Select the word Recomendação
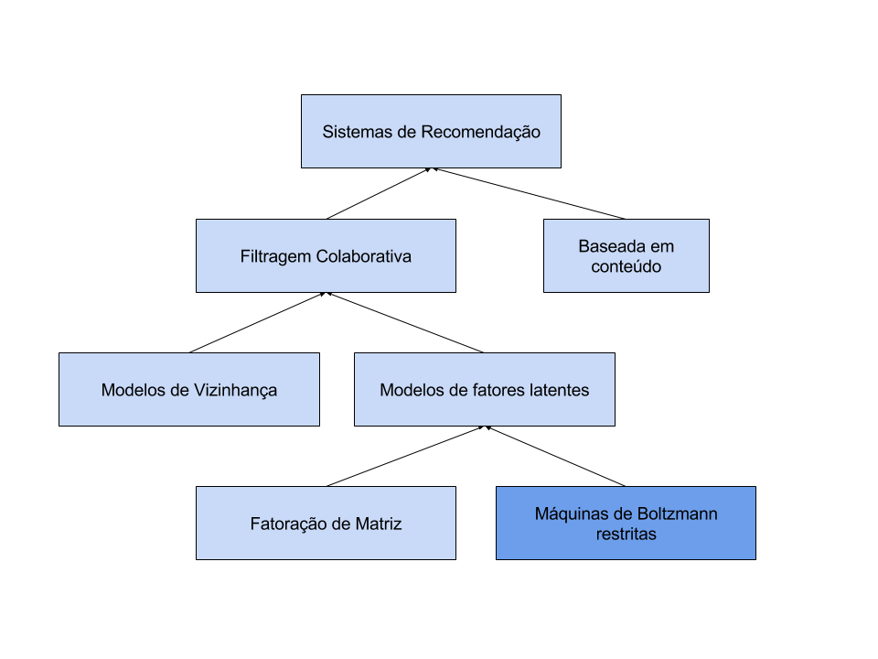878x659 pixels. [x=480, y=132]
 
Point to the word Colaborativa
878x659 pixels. [x=364, y=256]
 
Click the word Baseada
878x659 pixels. [x=613, y=246]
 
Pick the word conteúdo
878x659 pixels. [x=626, y=266]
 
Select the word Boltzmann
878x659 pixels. [x=678, y=513]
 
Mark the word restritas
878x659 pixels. [x=626, y=534]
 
